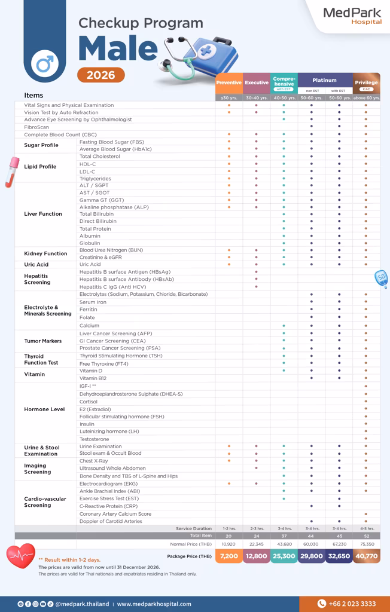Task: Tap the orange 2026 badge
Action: point(101,75)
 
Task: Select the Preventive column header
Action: point(228,82)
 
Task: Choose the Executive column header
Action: point(257,82)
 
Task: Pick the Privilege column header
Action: point(366,82)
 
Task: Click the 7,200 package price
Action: point(228,556)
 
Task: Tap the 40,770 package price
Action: point(366,556)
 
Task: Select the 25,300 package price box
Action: point(284,556)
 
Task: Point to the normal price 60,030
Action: point(311,544)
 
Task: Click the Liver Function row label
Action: point(43,214)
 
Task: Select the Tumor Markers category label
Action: point(43,341)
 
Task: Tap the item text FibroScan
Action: point(36,127)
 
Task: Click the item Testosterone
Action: point(95,439)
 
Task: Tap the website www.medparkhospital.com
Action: point(154,604)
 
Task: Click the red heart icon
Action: point(21,557)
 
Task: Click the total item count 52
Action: point(366,536)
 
